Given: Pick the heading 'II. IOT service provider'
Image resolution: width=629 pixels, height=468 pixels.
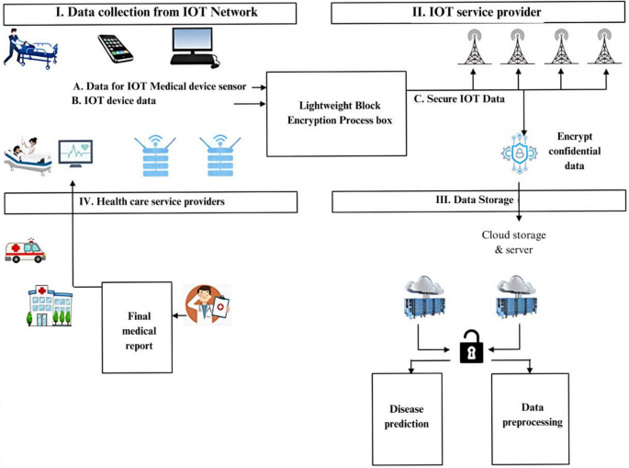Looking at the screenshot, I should (x=479, y=13).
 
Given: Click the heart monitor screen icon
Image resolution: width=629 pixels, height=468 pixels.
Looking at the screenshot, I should (x=75, y=153).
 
